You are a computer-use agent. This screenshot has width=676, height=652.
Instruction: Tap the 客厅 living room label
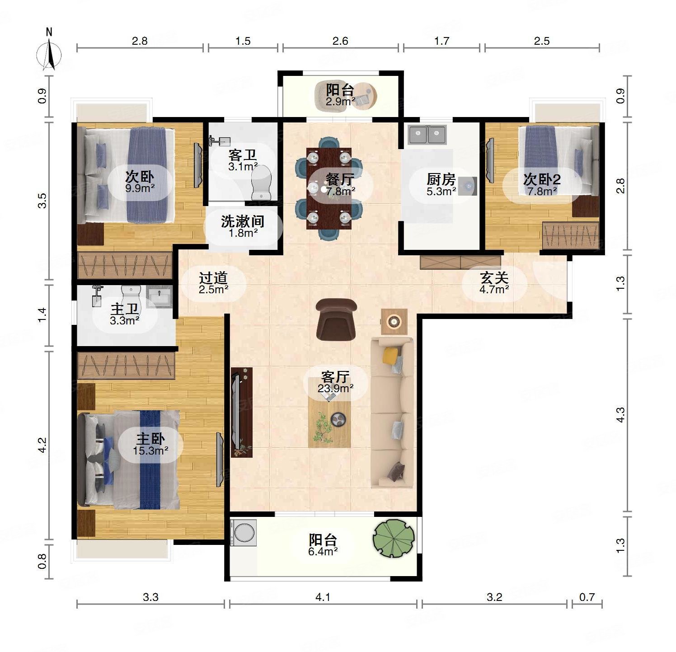pyautogui.click(x=335, y=376)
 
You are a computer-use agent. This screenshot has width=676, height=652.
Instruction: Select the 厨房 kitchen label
pyautogui.click(x=441, y=179)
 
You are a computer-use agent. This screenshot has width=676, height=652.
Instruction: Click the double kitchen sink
pyautogui.click(x=427, y=135)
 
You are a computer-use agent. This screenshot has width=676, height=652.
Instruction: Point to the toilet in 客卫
pyautogui.click(x=262, y=183)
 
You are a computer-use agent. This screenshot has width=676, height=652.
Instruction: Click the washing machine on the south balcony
pyautogui.click(x=244, y=533)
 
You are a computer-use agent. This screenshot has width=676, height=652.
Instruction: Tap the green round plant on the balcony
pyautogui.click(x=394, y=537)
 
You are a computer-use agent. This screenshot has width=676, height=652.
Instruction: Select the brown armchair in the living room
pyautogui.click(x=336, y=319)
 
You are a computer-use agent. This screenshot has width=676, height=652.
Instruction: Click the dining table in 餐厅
pyautogui.click(x=329, y=188)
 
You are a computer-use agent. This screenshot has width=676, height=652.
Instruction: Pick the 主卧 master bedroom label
pyautogui.click(x=151, y=438)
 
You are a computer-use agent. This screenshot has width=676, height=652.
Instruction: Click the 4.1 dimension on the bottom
pyautogui.click(x=323, y=597)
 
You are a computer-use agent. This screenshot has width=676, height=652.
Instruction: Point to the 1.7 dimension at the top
pyautogui.click(x=441, y=41)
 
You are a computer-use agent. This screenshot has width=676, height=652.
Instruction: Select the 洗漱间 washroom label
pyautogui.click(x=243, y=221)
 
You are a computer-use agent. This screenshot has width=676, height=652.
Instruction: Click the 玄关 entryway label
pyautogui.click(x=494, y=277)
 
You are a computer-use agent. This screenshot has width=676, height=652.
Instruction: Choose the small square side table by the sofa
pyautogui.click(x=394, y=321)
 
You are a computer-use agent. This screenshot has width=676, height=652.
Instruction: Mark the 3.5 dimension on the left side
pyautogui.click(x=42, y=201)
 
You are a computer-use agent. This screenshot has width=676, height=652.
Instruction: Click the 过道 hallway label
pyautogui.click(x=213, y=278)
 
